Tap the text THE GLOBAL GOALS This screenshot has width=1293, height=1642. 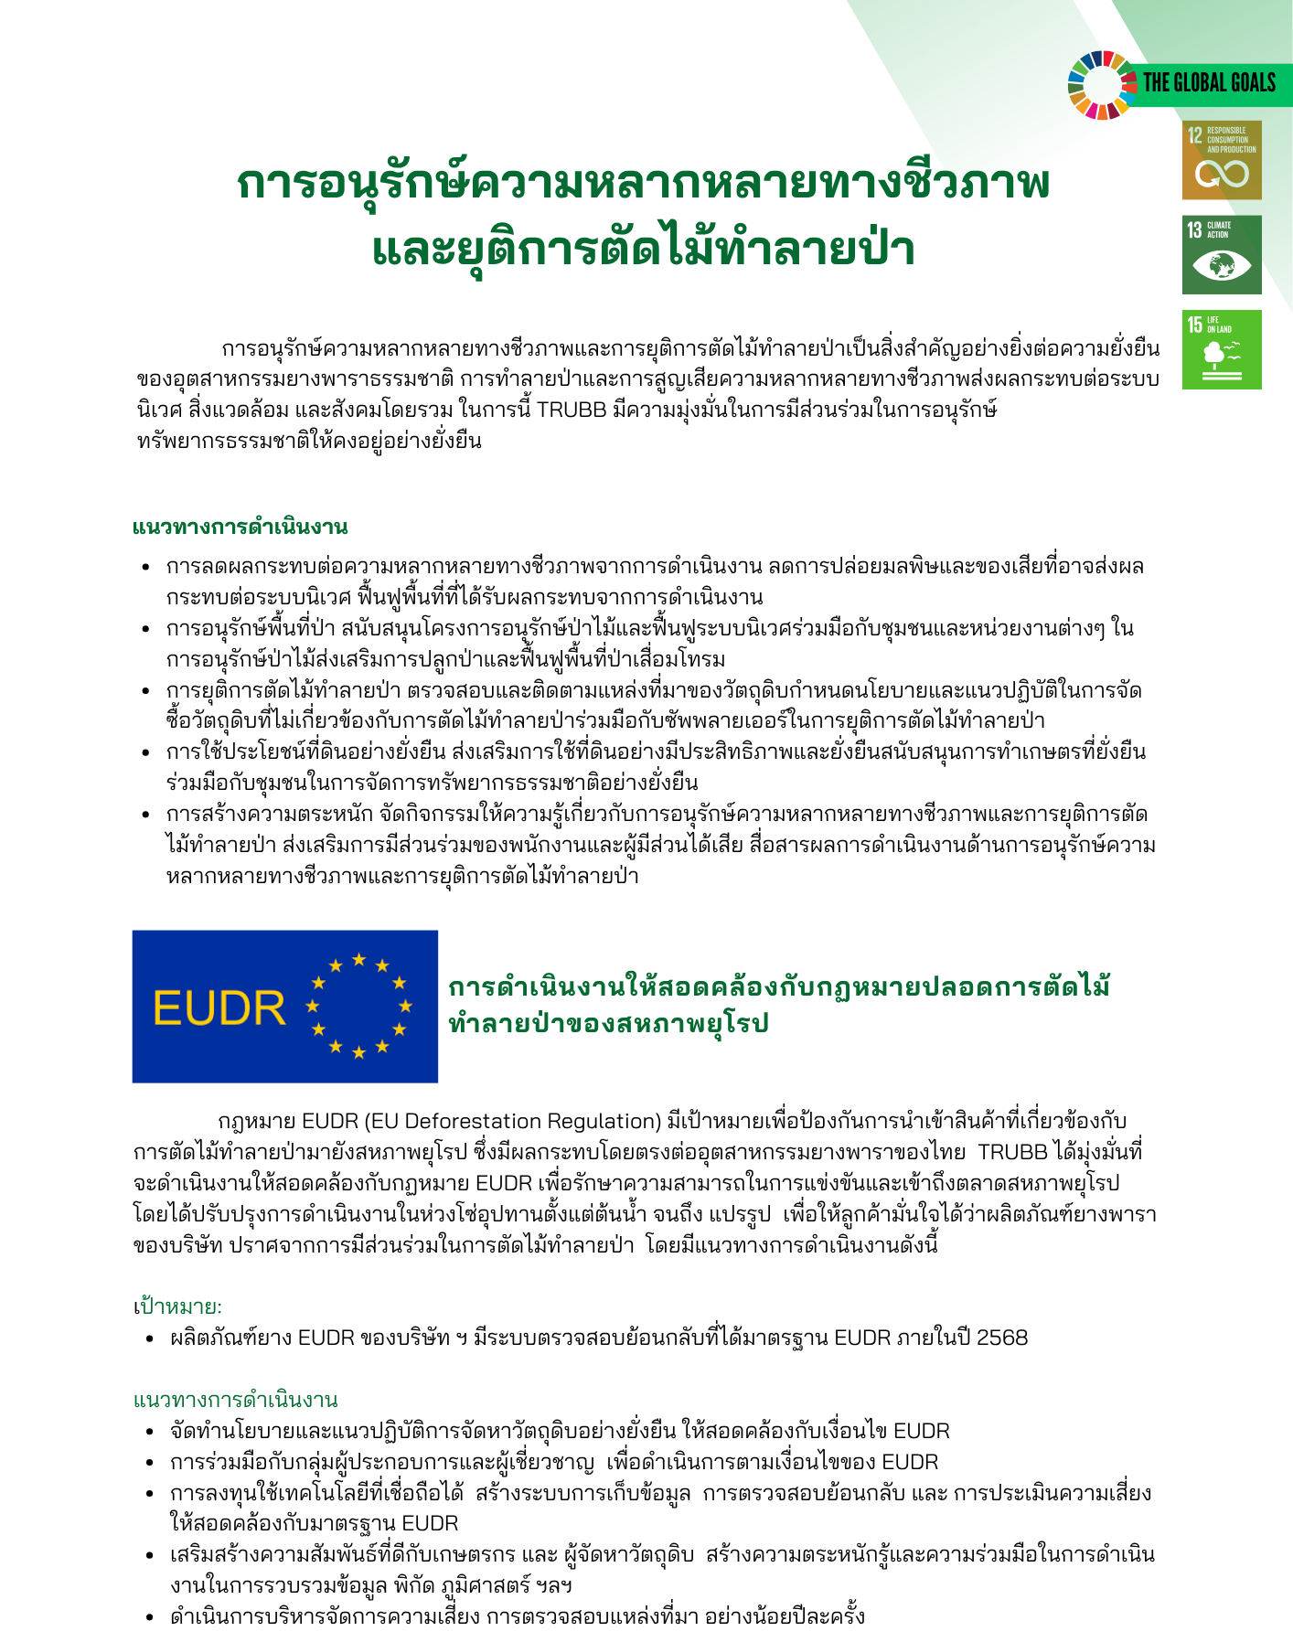(x=1209, y=83)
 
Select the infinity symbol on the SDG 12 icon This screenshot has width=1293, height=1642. (x=1222, y=174)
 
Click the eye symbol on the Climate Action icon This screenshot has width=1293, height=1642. (x=1222, y=266)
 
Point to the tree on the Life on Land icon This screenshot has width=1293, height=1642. (x=1215, y=355)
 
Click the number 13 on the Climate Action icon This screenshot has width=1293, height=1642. (x=1194, y=229)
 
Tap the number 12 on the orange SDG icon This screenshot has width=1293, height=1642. (x=1194, y=135)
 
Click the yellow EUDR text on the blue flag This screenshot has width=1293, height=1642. (x=219, y=1008)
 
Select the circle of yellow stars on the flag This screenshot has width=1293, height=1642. (x=358, y=1006)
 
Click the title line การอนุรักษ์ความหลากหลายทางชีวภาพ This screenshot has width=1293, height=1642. (x=643, y=182)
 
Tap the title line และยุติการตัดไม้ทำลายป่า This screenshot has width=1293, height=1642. (x=643, y=248)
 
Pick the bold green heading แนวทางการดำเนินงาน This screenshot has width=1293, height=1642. (x=240, y=527)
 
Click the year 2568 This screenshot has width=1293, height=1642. (x=1002, y=1338)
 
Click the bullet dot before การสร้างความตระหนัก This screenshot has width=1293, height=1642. (x=146, y=815)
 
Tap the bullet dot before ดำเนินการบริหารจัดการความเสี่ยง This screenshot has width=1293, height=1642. (x=150, y=1616)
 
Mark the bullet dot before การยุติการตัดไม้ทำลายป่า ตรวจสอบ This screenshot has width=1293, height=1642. (x=146, y=691)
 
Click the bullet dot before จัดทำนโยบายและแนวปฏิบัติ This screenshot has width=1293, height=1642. (x=150, y=1431)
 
